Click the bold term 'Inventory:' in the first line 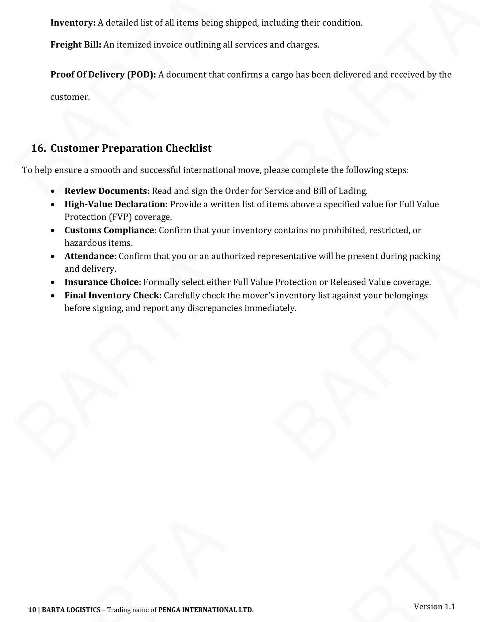[73, 23]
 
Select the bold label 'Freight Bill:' [76, 45]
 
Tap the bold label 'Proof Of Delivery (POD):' [103, 75]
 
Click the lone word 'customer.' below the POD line [70, 97]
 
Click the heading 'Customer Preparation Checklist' [131, 148]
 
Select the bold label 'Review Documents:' [107, 191]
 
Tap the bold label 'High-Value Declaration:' [116, 204]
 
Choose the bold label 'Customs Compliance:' [110, 230]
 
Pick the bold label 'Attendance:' [90, 256]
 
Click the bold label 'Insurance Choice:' [103, 282]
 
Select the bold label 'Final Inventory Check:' [113, 296]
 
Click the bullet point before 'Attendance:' [53, 257]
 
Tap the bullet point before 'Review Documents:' [53, 192]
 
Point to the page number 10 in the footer [32, 610]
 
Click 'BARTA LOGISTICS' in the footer [71, 610]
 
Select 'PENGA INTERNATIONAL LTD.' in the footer [206, 610]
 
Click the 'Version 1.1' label [434, 607]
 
